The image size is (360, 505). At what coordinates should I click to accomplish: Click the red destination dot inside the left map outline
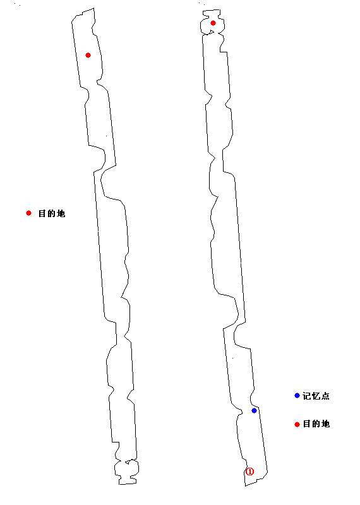click(88, 55)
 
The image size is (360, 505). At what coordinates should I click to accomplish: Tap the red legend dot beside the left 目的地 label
click(28, 213)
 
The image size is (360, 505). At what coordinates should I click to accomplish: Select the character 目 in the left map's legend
click(42, 213)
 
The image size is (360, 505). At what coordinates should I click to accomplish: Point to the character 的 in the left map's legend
click(52, 213)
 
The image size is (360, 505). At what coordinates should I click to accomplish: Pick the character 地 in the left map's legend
click(61, 213)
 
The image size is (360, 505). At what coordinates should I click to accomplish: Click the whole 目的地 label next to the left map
click(52, 213)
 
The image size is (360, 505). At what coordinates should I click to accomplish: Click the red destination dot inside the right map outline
click(213, 23)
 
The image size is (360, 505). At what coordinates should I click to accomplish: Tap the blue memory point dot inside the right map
click(254, 410)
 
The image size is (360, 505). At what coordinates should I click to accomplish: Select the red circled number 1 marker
click(249, 472)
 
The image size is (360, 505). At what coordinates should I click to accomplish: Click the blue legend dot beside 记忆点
click(297, 395)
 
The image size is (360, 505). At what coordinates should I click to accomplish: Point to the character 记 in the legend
click(306, 396)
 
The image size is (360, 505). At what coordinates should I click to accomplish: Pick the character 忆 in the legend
click(316, 396)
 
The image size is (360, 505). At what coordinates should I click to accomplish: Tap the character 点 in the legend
click(325, 396)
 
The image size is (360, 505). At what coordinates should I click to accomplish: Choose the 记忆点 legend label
click(316, 396)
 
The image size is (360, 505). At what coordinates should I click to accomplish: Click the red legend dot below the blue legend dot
click(297, 424)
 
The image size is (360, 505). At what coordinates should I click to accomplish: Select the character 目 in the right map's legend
click(307, 424)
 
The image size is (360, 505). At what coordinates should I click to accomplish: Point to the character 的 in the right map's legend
click(316, 424)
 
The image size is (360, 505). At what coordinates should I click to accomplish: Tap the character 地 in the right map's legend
click(325, 424)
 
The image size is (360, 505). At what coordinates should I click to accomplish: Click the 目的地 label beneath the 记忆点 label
click(316, 424)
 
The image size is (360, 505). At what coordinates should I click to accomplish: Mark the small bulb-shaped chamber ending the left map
click(127, 472)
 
